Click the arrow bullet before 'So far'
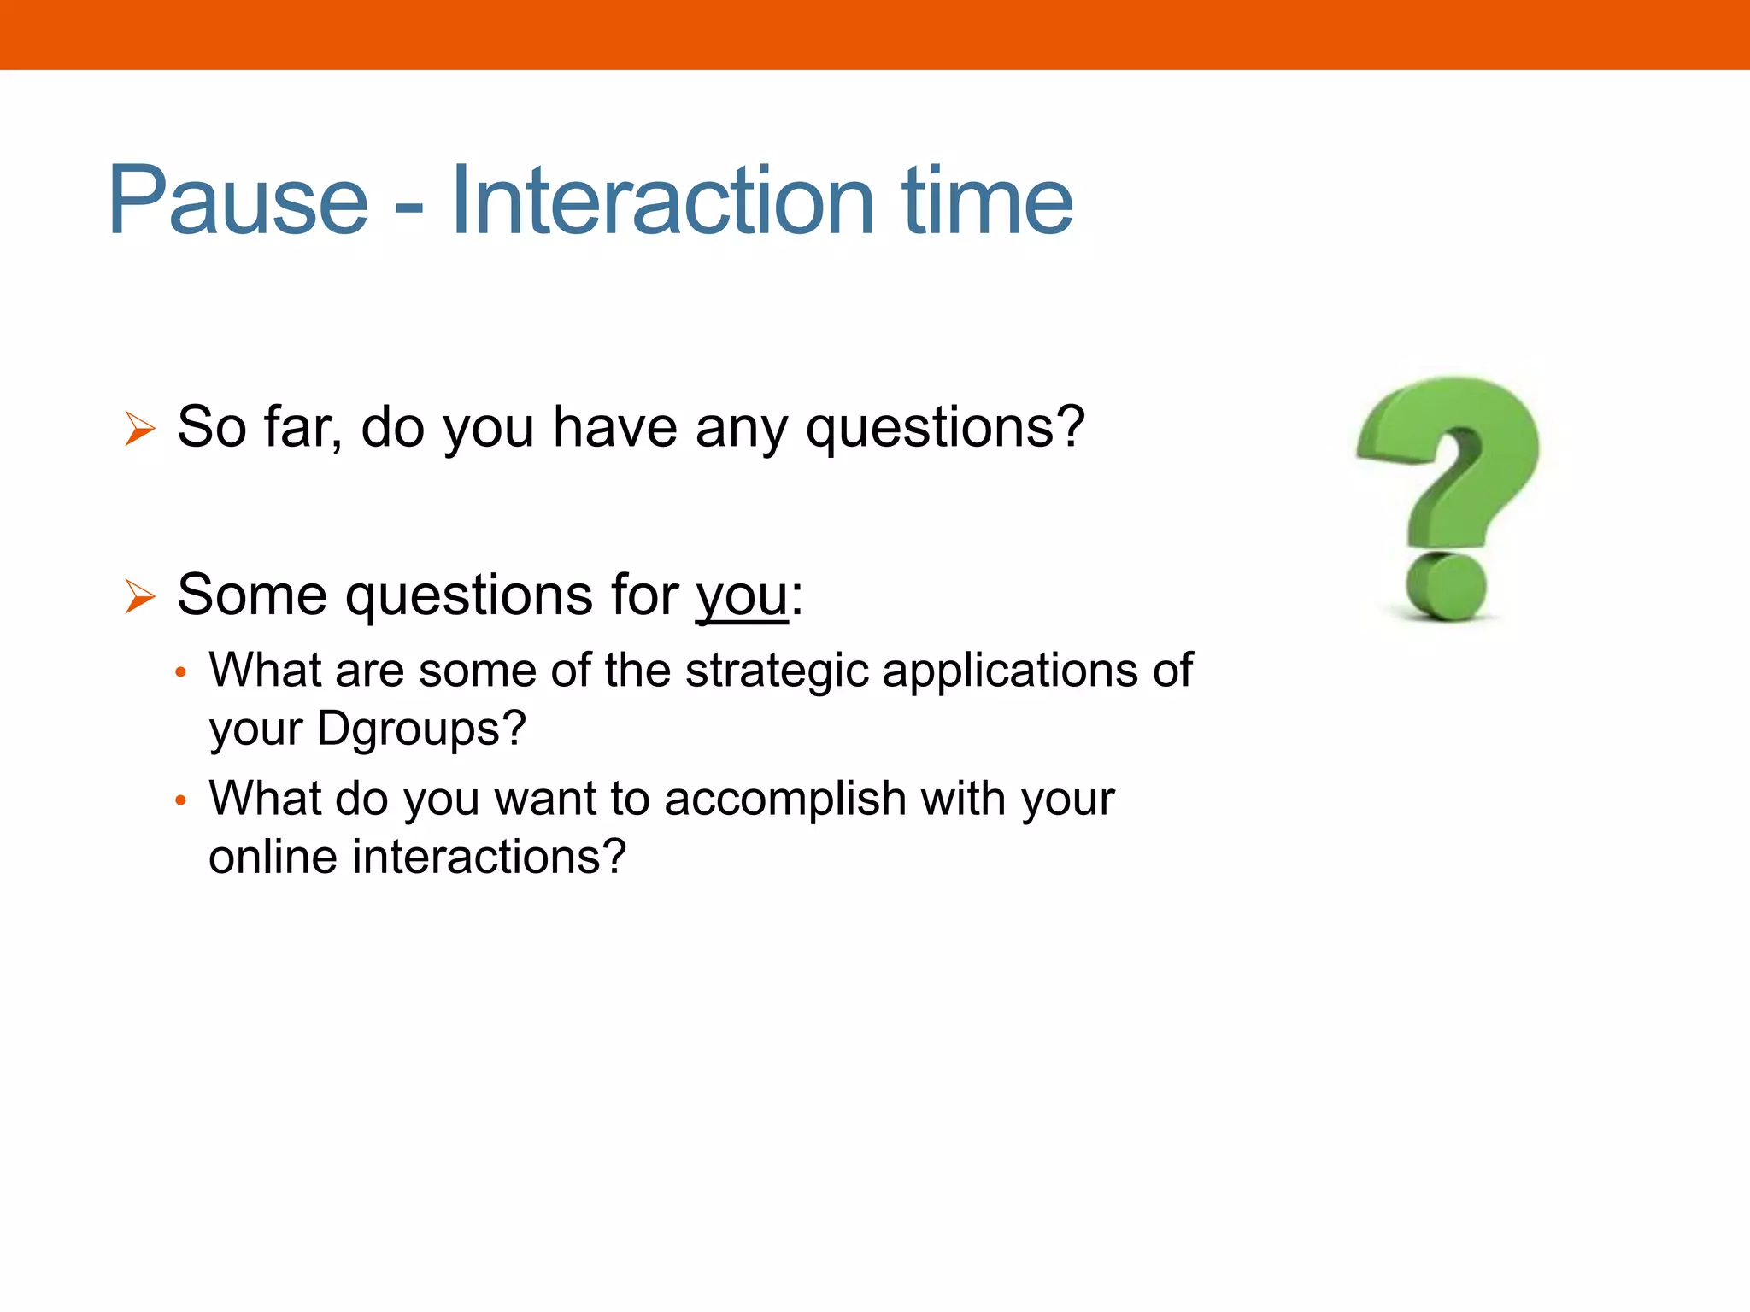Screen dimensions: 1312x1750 pyautogui.click(x=139, y=428)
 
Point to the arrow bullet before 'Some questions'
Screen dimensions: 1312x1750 pyautogui.click(x=139, y=595)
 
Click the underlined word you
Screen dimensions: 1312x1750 pyautogui.click(x=742, y=595)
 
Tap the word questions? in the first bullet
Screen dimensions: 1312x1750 pyautogui.click(x=945, y=427)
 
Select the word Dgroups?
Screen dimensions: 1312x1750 pyautogui.click(x=421, y=729)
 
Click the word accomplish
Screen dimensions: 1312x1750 pyautogui.click(x=785, y=799)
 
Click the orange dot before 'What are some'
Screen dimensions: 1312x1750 pyautogui.click(x=180, y=673)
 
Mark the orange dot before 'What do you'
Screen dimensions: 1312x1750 pyautogui.click(x=180, y=801)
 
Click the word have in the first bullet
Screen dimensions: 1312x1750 pyautogui.click(x=615, y=427)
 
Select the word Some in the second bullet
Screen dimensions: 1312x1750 pyautogui.click(x=252, y=595)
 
